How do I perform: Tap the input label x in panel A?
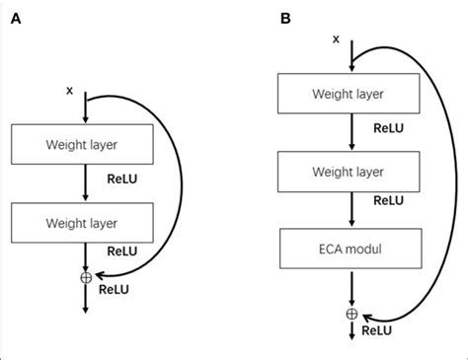69,91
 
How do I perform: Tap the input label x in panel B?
337,38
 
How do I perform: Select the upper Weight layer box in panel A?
85,145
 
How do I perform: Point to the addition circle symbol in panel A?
86,277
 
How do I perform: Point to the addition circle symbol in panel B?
351,314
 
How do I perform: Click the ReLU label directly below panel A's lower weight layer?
122,252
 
